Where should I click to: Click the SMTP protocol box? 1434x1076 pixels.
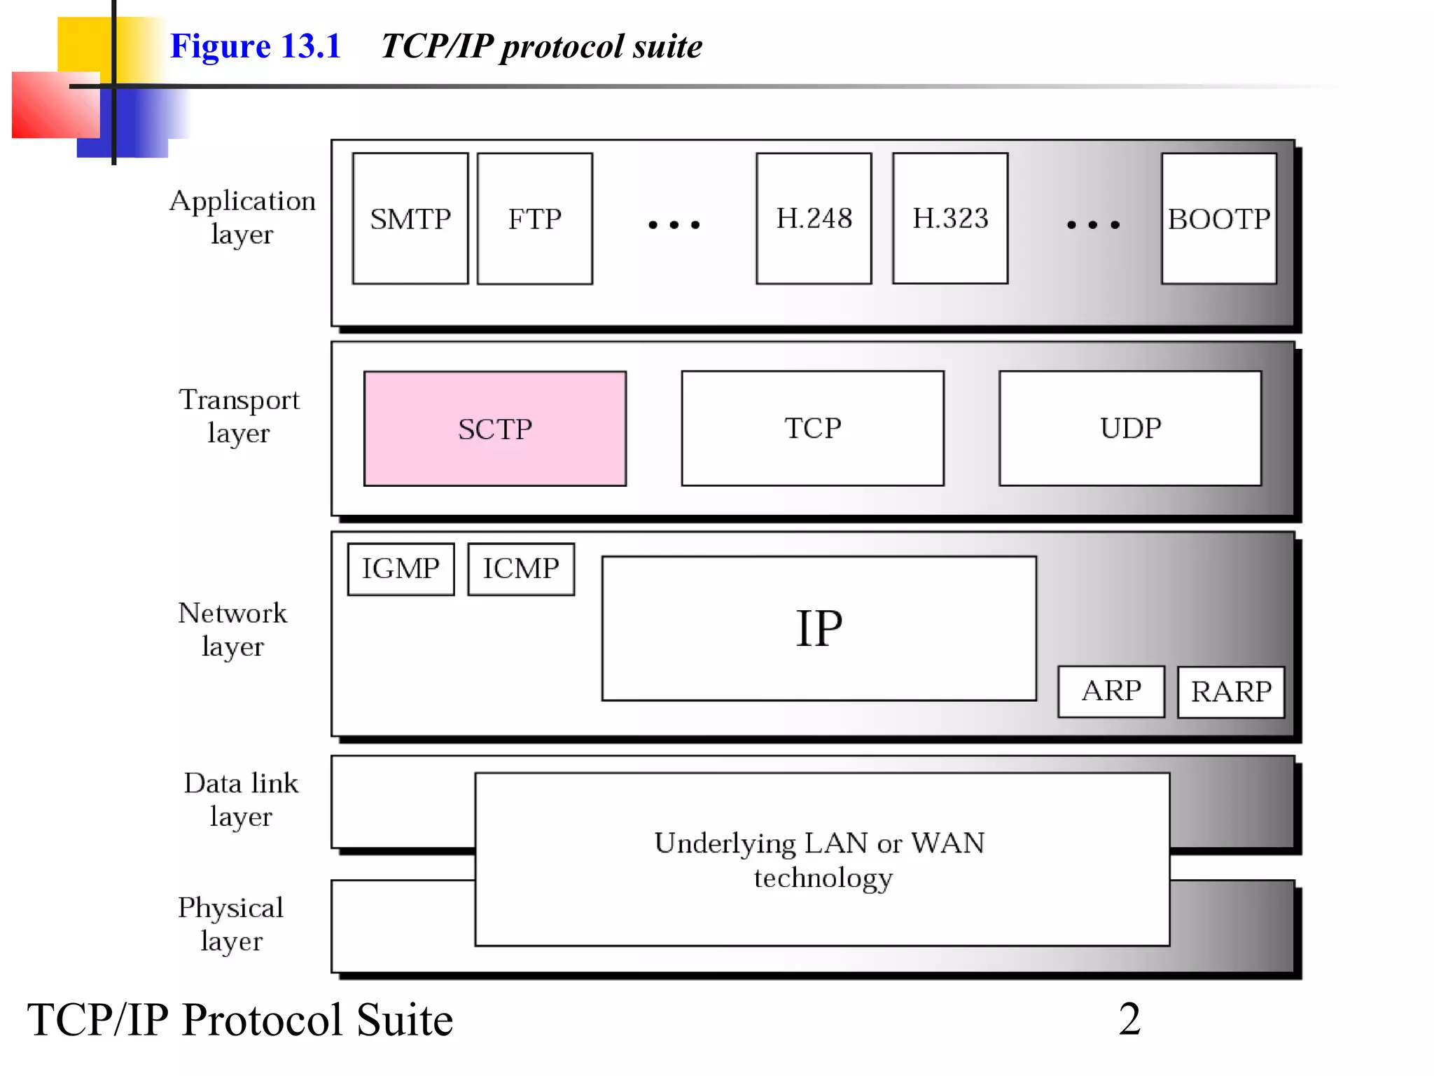click(x=410, y=219)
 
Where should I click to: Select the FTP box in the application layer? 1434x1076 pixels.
click(x=535, y=219)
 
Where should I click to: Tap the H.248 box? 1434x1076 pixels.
click(x=814, y=219)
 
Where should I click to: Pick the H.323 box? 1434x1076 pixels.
click(x=950, y=219)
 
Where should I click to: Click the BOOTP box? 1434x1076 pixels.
click(x=1218, y=219)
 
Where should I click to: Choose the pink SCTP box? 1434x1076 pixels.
click(x=495, y=429)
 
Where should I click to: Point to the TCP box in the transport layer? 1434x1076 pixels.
click(x=812, y=428)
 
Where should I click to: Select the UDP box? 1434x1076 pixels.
click(x=1130, y=428)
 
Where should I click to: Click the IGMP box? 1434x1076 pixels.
click(x=401, y=569)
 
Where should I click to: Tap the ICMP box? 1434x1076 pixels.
click(x=521, y=569)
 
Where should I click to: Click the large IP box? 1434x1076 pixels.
click(x=819, y=628)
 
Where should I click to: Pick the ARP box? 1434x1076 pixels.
click(x=1111, y=691)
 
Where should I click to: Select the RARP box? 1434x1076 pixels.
click(x=1231, y=692)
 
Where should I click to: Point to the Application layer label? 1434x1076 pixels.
click(x=242, y=217)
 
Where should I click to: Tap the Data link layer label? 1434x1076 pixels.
click(x=241, y=799)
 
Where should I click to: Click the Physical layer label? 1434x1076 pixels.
click(x=231, y=924)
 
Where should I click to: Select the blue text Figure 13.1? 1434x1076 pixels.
click(x=256, y=46)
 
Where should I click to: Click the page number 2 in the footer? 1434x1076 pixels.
click(x=1129, y=1019)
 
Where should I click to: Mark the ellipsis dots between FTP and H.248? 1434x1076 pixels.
click(x=674, y=225)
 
